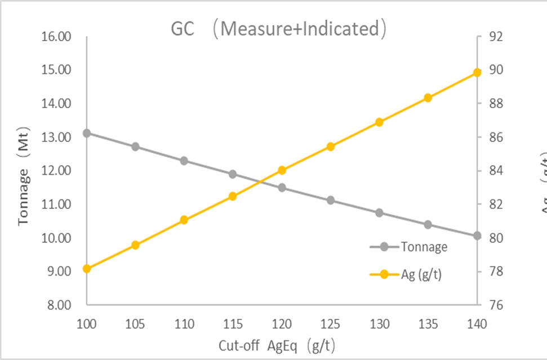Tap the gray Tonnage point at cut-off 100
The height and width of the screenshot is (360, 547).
(x=87, y=133)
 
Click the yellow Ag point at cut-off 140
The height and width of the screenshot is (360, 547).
(x=477, y=72)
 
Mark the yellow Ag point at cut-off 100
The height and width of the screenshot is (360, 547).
(x=87, y=269)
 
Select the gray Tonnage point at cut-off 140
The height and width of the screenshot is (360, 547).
(x=477, y=235)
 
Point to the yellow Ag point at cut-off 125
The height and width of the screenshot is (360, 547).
(x=331, y=146)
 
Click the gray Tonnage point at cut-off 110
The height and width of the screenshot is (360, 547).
(x=184, y=161)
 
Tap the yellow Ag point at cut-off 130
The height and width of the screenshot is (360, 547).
(x=380, y=122)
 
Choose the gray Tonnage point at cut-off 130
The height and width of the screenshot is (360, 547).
(x=380, y=212)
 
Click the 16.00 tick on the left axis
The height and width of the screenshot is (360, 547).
(x=56, y=37)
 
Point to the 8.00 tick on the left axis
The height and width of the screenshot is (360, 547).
(x=59, y=305)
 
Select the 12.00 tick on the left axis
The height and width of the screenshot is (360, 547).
(x=56, y=171)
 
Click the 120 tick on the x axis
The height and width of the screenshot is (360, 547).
(x=282, y=324)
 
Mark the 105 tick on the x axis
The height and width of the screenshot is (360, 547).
(x=135, y=324)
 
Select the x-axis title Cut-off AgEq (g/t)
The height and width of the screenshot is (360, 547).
(x=280, y=344)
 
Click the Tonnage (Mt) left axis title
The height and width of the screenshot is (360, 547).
(x=24, y=170)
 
